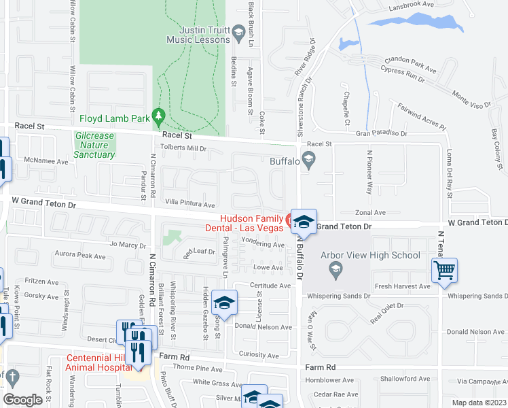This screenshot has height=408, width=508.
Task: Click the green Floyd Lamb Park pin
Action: [x=159, y=118]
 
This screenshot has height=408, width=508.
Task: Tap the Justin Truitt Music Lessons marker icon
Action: [x=238, y=32]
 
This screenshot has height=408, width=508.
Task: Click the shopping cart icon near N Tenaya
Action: [x=444, y=270]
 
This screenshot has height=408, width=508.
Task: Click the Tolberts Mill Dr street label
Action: [x=182, y=148]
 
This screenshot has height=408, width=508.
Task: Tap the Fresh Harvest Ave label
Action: [x=402, y=286]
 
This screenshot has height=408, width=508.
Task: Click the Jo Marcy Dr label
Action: [x=127, y=245]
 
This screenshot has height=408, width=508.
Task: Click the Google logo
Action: [x=22, y=400]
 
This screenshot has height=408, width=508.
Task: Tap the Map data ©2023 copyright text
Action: [x=479, y=403]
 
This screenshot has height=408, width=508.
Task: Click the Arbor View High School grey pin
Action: [x=335, y=271]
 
